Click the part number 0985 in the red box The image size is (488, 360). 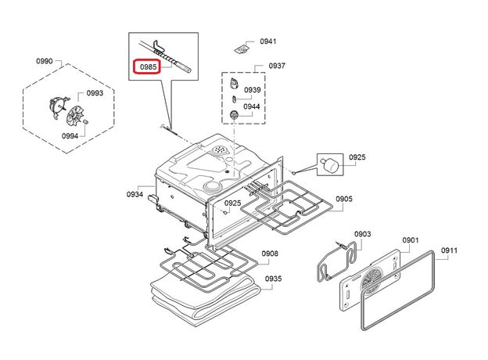click(x=148, y=67)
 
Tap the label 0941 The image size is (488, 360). click(x=268, y=41)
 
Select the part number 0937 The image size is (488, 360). click(x=277, y=66)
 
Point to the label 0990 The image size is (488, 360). click(x=45, y=61)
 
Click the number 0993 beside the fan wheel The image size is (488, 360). click(x=95, y=93)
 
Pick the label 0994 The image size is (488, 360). click(x=70, y=135)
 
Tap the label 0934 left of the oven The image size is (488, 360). click(x=135, y=194)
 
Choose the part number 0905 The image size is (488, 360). click(x=344, y=199)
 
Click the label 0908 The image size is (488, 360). click(x=270, y=254)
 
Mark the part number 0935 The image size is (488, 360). click(x=273, y=279)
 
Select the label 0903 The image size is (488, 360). click(x=363, y=234)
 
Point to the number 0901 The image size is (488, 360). click(x=411, y=240)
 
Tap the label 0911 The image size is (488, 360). click(x=449, y=250)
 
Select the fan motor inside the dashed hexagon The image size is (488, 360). click(x=57, y=106)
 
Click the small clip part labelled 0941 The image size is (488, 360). click(x=242, y=49)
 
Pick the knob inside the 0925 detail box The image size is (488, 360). click(x=329, y=164)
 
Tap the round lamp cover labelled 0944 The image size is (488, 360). click(x=233, y=114)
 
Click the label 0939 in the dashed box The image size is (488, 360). click(x=252, y=90)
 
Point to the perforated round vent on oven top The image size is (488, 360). click(x=220, y=151)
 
